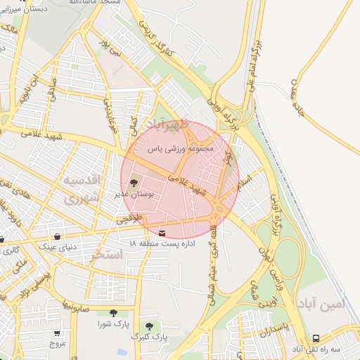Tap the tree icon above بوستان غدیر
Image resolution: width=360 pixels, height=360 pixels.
134,184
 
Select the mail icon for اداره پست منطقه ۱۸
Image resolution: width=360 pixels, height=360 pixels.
163,233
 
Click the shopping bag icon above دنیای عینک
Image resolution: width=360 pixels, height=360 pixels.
57,236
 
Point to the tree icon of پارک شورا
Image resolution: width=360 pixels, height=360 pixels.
113,313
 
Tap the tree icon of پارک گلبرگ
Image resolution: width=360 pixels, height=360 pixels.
149,326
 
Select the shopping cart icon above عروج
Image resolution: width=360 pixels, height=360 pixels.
57,333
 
